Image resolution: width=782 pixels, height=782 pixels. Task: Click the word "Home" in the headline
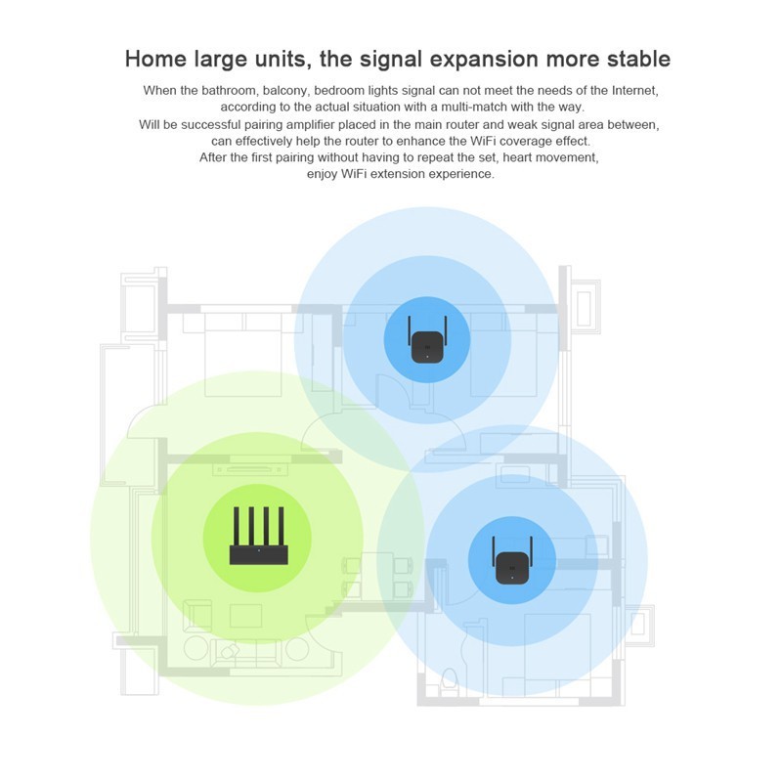(155, 59)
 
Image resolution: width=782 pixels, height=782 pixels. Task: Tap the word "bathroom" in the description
(229, 90)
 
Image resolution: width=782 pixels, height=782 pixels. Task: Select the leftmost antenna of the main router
(237, 526)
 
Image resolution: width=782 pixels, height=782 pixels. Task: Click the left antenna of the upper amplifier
(410, 332)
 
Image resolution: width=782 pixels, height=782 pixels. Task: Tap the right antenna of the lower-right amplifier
(531, 552)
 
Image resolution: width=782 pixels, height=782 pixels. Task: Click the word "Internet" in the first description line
(634, 91)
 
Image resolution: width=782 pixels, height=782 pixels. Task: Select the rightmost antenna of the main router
(282, 526)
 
